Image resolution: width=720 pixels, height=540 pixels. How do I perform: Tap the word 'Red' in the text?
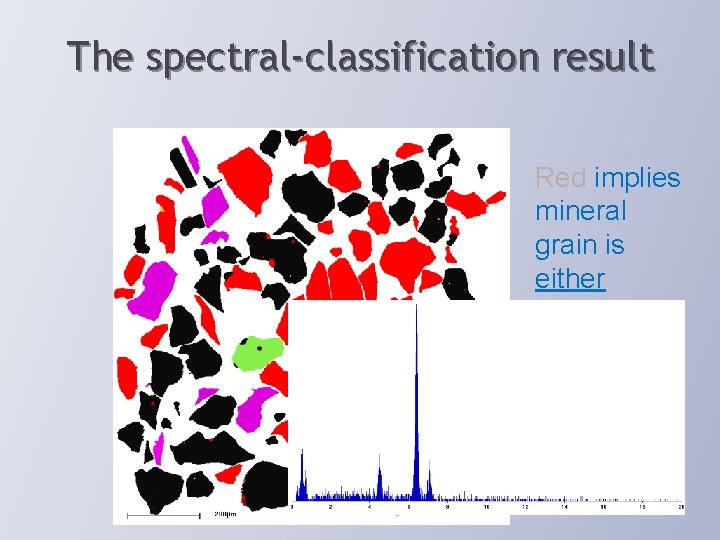(561, 178)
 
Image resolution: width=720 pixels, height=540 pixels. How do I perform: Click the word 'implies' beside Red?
(637, 178)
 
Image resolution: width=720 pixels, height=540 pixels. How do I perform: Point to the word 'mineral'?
(581, 211)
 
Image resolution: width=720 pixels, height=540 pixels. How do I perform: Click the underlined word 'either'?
(570, 278)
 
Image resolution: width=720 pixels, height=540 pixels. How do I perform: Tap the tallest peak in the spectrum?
(416, 400)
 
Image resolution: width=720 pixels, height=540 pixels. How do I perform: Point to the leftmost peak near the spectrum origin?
(303, 470)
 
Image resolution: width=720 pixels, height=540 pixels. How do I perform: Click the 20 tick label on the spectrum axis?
(682, 507)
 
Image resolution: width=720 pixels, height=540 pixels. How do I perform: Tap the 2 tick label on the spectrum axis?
(330, 507)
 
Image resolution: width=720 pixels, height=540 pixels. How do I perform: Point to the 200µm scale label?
(224, 515)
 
